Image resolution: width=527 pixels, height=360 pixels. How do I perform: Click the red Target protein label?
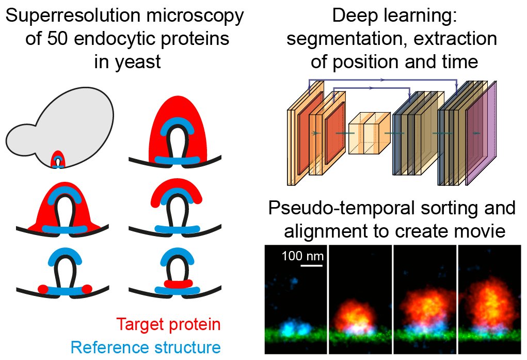[x=168, y=324]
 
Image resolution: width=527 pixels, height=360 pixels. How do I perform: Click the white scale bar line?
[x=311, y=266]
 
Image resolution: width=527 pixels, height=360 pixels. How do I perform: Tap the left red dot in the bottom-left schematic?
[x=43, y=287]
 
